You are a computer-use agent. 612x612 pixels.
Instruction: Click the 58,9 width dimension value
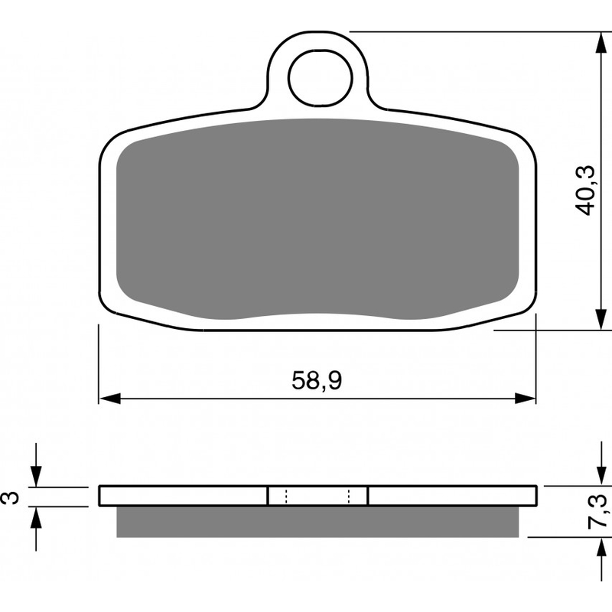[316, 380]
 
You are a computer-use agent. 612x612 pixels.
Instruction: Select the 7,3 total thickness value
[599, 511]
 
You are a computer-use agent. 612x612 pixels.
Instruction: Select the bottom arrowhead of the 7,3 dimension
[598, 546]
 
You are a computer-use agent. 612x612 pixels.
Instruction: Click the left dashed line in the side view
[285, 496]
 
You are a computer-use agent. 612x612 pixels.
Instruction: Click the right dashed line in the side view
[350, 496]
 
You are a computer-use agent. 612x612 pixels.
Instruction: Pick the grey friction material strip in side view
[318, 521]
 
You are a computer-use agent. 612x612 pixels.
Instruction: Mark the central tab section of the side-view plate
[317, 496]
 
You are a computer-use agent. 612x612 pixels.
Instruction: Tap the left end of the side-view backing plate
[104, 496]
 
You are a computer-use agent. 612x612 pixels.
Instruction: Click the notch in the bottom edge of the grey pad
[318, 315]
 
